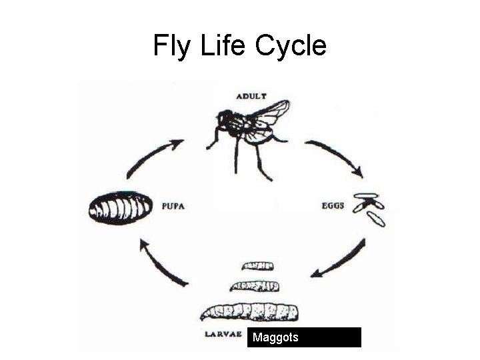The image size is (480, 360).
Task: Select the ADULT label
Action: coord(251,97)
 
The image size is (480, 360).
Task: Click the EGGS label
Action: coord(333,206)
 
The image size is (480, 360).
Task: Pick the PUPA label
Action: coord(173,206)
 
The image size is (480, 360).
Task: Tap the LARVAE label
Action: coord(222,334)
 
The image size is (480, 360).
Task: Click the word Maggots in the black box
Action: coord(275,337)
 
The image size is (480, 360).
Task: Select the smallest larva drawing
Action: coord(258,267)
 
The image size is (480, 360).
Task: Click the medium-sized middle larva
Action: coord(254,287)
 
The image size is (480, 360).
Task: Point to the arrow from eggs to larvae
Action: coord(339,259)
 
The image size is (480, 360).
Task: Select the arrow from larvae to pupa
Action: coord(161,263)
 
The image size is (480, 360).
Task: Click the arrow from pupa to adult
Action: coord(155,157)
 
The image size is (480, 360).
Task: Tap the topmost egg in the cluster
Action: coord(366,197)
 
